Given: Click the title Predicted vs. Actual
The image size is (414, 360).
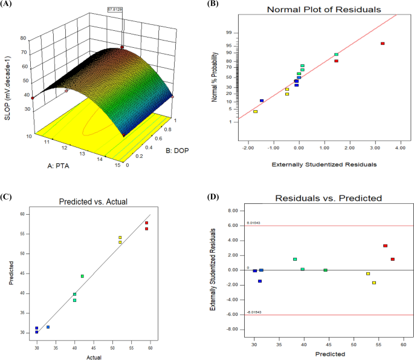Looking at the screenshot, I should (92, 202).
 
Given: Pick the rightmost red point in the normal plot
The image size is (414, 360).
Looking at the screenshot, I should (383, 44).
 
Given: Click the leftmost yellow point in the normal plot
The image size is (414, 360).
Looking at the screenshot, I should (256, 111).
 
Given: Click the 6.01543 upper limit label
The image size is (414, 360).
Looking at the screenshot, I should (254, 223).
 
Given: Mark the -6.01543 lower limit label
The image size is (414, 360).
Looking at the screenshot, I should (254, 312).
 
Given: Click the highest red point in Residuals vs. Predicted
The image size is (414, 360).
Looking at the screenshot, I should (385, 246).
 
